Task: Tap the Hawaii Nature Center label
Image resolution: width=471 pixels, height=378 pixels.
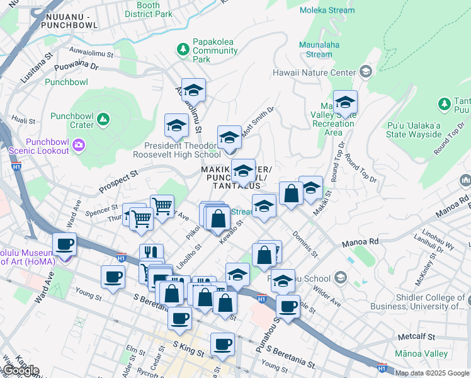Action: [x=314, y=72]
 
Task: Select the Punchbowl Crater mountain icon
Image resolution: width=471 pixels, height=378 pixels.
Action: [x=103, y=118]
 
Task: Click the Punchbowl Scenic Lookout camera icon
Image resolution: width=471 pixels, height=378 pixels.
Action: [x=79, y=146]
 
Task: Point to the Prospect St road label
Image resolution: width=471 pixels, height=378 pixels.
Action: [x=117, y=180]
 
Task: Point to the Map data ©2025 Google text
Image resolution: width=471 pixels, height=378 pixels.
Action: [x=432, y=373]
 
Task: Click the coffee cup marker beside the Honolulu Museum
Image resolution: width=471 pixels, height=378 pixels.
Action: [x=64, y=243]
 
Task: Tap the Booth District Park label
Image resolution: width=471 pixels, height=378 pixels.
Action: [x=148, y=9]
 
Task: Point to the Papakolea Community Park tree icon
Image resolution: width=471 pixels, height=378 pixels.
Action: [x=183, y=48]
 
